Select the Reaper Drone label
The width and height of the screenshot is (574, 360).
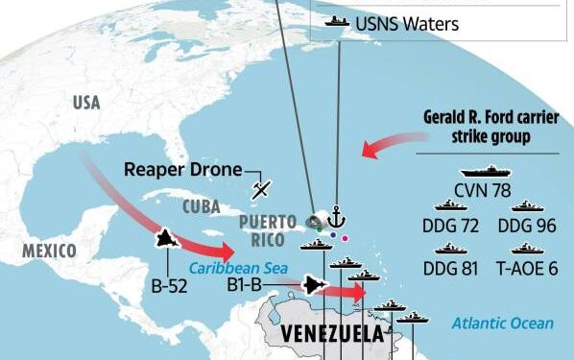click(x=181, y=171)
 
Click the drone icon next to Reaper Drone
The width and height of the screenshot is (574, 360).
click(x=260, y=189)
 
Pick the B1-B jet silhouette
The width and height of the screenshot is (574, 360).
click(x=315, y=283)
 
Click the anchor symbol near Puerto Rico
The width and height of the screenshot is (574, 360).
click(x=336, y=217)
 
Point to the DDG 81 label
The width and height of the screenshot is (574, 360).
click(x=450, y=268)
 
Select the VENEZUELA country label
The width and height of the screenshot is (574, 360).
click(x=331, y=333)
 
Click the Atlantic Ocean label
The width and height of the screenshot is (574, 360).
click(x=503, y=324)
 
